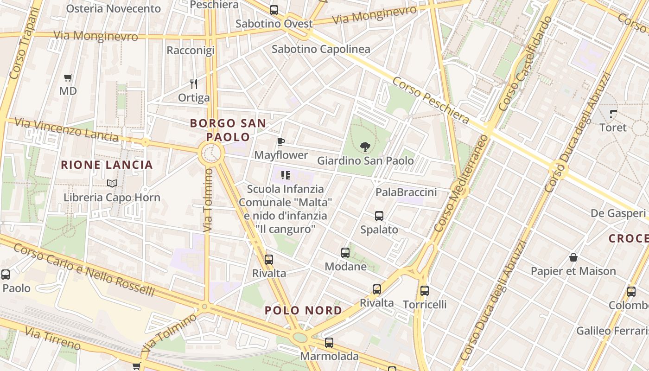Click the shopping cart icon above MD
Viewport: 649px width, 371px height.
(68, 77)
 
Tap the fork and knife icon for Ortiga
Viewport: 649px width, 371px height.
(194, 84)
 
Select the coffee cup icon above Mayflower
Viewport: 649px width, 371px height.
(280, 141)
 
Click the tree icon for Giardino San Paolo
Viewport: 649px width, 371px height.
(365, 147)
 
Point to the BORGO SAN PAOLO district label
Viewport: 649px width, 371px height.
(228, 130)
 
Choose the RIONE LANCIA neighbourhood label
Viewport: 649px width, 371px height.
(107, 165)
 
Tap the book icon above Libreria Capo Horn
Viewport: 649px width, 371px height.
(112, 183)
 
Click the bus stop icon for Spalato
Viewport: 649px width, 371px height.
(379, 216)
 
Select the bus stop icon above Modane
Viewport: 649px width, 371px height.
(345, 253)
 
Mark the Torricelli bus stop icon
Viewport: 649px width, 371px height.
(425, 291)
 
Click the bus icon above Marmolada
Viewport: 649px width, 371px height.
(329, 343)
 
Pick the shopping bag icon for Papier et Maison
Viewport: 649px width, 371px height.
(573, 257)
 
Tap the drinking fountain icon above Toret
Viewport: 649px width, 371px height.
(613, 114)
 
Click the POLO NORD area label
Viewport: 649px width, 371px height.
(304, 311)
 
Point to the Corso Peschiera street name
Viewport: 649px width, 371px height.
(431, 101)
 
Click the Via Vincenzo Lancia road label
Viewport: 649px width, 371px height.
(66, 129)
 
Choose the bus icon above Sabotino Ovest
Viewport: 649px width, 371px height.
(274, 10)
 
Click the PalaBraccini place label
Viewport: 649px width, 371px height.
(406, 192)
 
